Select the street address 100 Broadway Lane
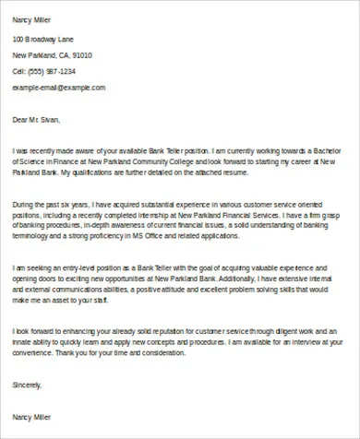tap(44, 40)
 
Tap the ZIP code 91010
tap(78, 55)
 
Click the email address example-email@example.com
tap(59, 88)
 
